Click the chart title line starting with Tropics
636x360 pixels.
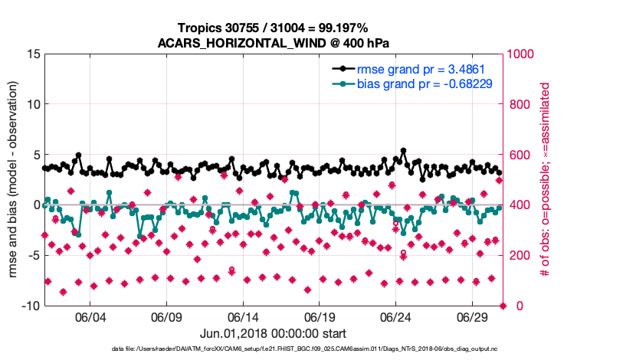point(274,28)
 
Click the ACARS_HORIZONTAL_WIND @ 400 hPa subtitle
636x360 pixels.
point(274,43)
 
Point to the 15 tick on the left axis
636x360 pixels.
point(33,54)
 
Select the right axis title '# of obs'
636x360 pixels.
point(546,179)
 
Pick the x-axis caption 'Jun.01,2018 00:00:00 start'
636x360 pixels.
point(274,334)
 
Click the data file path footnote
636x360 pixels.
point(274,350)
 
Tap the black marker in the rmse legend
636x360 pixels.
point(343,69)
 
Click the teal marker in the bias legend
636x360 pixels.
point(343,83)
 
